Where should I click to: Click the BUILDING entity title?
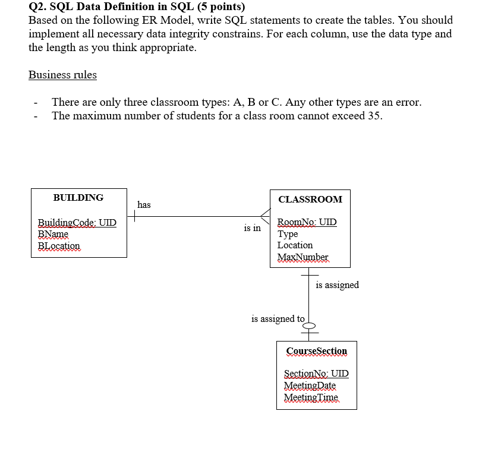tap(78, 197)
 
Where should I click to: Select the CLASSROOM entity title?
tap(310, 199)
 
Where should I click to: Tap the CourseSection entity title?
tap(317, 351)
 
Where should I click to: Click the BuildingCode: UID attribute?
tap(77, 223)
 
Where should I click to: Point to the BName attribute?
tap(53, 234)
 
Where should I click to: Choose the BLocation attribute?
tap(58, 245)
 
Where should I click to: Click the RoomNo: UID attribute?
tap(307, 222)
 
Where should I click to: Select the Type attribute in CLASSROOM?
tap(288, 234)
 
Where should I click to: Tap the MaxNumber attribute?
tap(303, 257)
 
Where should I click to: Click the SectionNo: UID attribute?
tap(316, 374)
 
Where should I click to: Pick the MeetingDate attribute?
tap(310, 385)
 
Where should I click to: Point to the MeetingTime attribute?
tap(311, 397)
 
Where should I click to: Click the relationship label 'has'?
tap(144, 205)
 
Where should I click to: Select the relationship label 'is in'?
tap(252, 227)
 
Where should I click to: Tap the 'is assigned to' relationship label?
tap(278, 319)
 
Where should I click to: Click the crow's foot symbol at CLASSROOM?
tap(265, 217)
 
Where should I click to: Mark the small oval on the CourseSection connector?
tap(310, 325)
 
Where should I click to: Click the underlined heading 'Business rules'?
tap(62, 75)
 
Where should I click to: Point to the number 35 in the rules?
tap(374, 115)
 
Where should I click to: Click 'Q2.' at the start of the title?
tap(38, 7)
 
